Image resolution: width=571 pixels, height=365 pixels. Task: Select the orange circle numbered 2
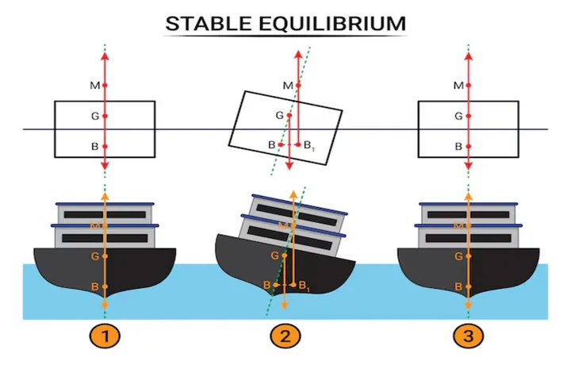[x=285, y=336]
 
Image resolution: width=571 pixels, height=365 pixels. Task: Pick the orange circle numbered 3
[x=468, y=336]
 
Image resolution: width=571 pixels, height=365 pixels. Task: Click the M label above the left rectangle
[x=94, y=85]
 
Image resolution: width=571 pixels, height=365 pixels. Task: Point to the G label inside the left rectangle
[x=94, y=116]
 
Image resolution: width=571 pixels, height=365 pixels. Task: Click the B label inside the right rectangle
[x=458, y=146]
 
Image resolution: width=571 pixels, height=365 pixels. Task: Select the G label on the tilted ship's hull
[x=275, y=255]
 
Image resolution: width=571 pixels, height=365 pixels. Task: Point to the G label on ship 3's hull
[x=458, y=256]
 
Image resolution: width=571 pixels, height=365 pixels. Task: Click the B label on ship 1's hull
[x=94, y=286]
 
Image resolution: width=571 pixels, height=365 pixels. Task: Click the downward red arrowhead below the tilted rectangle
[x=290, y=166]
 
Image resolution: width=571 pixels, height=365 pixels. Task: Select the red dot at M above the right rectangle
[x=468, y=85]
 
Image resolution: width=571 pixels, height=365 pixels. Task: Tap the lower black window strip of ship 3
[x=468, y=238]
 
